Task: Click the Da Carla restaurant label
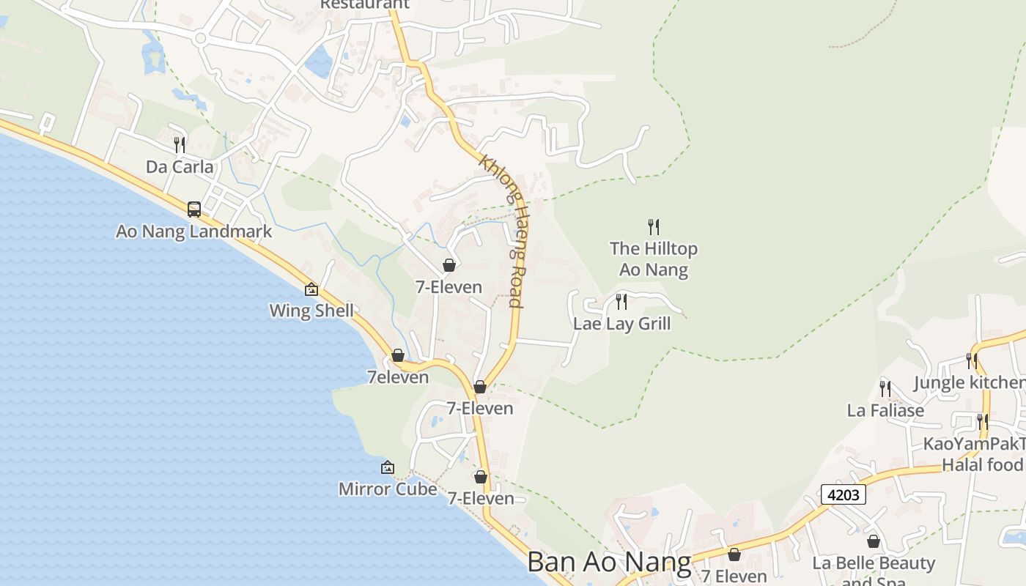180,167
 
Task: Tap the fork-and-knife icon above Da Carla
180,145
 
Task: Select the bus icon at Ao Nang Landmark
194,209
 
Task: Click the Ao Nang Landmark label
194,231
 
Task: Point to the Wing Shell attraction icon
311,289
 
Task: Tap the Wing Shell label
311,311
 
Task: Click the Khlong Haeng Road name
503,231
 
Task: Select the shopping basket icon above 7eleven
398,355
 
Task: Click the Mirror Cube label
388,489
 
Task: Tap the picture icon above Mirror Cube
388,467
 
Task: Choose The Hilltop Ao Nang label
654,259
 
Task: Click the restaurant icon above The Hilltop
654,227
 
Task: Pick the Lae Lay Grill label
622,324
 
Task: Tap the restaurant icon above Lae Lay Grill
621,301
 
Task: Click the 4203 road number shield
843,494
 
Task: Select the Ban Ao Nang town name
609,563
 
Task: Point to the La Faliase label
885,410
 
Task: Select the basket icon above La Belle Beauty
874,541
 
